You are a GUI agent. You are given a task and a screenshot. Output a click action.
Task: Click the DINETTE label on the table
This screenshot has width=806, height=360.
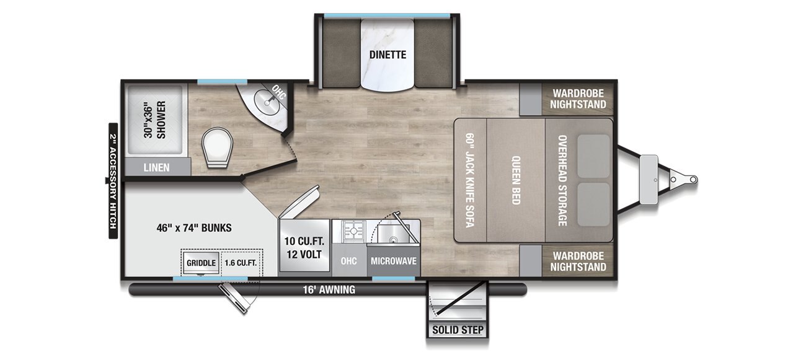pyautogui.click(x=387, y=55)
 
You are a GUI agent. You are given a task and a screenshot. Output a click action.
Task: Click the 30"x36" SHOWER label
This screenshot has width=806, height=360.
pyautogui.click(x=155, y=120)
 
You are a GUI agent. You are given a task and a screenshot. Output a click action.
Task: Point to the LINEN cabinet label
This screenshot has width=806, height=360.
pyautogui.click(x=156, y=167)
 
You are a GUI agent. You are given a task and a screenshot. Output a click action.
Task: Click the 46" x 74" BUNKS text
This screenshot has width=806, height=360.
pyautogui.click(x=194, y=227)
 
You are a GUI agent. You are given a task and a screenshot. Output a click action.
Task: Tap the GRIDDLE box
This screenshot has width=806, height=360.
pyautogui.click(x=201, y=263)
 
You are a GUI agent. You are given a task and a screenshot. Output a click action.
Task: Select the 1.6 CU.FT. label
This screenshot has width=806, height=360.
pyautogui.click(x=241, y=263)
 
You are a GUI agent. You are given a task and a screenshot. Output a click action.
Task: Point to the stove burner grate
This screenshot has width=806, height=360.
pyautogui.click(x=353, y=230)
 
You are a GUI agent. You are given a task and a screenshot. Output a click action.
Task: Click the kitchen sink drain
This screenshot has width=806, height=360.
pyautogui.click(x=393, y=239)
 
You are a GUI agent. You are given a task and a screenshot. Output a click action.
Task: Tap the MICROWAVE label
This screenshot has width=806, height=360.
pyautogui.click(x=394, y=261)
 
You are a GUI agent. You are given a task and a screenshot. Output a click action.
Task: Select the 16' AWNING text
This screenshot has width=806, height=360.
pyautogui.click(x=329, y=289)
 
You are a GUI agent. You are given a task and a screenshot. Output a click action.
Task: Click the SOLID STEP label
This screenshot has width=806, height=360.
pyautogui.click(x=458, y=330)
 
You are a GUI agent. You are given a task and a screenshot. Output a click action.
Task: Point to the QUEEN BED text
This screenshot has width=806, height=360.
pyautogui.click(x=516, y=180)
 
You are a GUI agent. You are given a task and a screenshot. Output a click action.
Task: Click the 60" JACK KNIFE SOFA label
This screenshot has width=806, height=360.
pyautogui.click(x=470, y=180)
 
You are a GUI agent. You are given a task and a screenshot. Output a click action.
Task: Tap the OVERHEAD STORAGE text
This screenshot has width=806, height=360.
pyautogui.click(x=562, y=180)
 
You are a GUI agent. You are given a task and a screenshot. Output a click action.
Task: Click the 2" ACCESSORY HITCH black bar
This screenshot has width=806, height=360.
pyautogui.click(x=113, y=181)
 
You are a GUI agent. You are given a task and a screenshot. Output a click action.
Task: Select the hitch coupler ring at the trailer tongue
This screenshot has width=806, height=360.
pyautogui.click(x=693, y=179)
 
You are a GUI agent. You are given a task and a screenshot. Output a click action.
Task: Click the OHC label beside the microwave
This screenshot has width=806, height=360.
pyautogui.click(x=348, y=261)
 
